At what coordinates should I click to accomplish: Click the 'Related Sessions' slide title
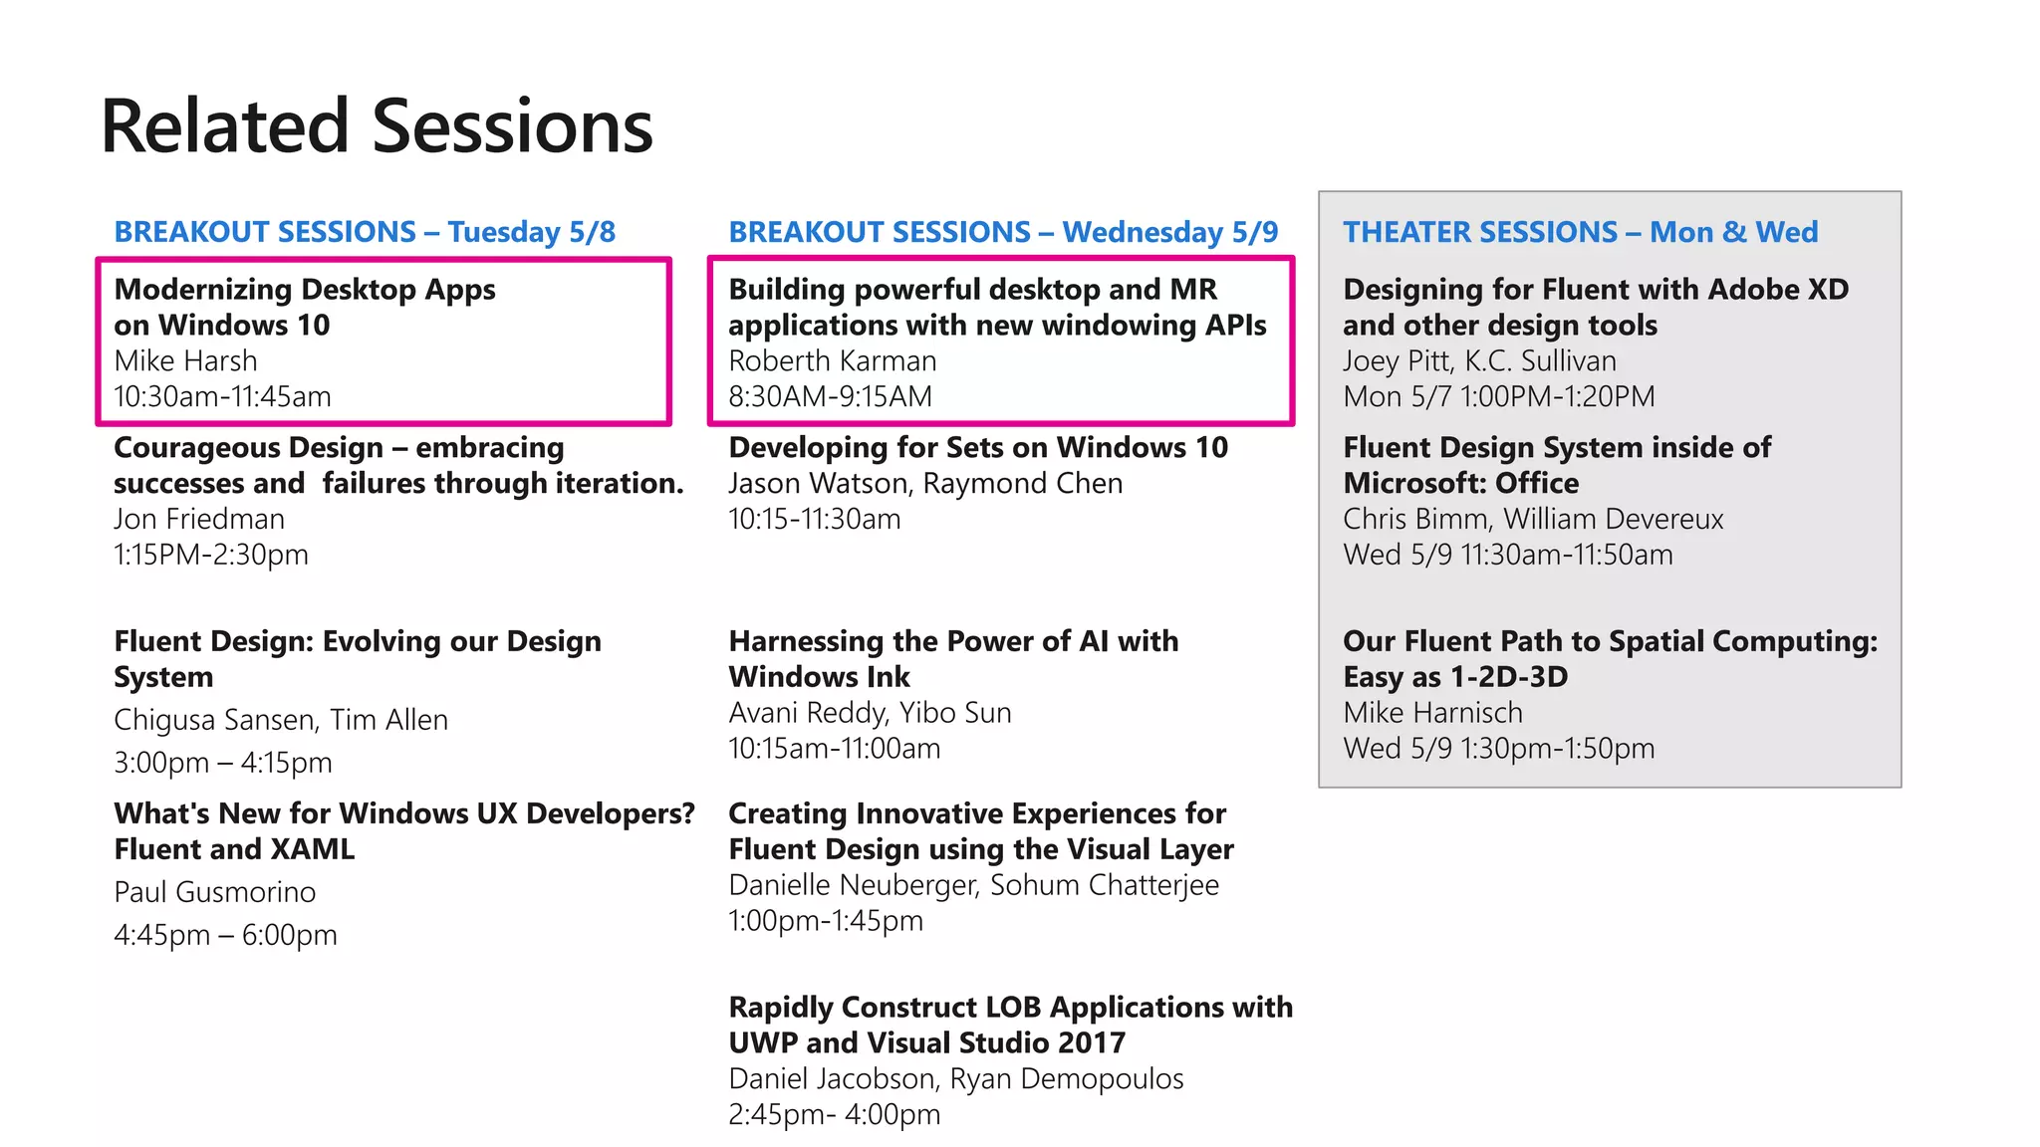377,126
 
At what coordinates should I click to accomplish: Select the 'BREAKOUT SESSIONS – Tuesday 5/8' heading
365,232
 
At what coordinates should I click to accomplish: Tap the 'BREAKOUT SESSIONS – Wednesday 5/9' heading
1003,232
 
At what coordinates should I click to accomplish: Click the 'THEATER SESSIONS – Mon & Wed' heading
1580,232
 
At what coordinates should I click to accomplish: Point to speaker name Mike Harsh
185,361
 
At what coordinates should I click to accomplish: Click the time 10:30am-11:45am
222,397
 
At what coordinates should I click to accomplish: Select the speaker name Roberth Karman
832,361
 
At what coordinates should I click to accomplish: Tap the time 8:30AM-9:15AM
830,397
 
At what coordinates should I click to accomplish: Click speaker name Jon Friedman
199,520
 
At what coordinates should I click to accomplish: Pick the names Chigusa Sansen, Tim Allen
281,720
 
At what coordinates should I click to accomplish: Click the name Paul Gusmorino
214,892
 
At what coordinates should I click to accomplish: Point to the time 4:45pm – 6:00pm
225,935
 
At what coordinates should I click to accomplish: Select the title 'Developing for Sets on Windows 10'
977,448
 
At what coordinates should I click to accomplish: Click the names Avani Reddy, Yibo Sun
870,713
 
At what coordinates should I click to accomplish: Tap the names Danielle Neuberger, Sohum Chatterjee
973,885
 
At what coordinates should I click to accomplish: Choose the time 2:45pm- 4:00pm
834,1114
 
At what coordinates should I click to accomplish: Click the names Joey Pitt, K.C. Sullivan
1479,361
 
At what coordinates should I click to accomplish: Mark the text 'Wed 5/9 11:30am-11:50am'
1507,555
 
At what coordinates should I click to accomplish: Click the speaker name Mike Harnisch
1432,713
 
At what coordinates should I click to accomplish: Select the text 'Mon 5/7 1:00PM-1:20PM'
1498,397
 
